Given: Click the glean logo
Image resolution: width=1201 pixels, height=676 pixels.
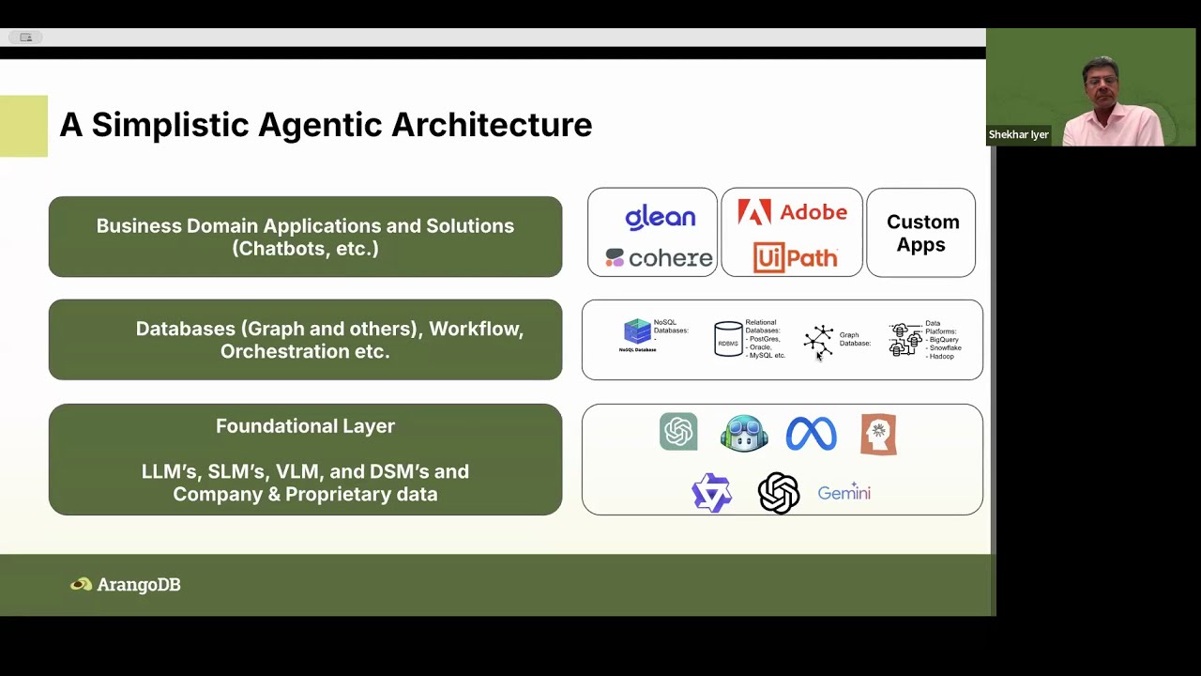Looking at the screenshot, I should tap(660, 217).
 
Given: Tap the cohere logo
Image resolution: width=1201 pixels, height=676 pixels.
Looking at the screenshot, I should tap(659, 258).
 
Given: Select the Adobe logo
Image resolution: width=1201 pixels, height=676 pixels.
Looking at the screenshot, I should tap(792, 212).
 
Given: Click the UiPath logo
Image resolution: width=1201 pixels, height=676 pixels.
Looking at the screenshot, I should tap(794, 257).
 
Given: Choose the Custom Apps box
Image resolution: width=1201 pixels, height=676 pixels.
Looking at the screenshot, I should tap(921, 233).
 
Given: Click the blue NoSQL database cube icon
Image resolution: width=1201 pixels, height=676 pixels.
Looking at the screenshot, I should tap(637, 331).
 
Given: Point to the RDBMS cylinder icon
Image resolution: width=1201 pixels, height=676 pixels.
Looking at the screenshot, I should tap(728, 340).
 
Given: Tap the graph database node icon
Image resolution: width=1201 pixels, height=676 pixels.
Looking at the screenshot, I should tap(818, 342).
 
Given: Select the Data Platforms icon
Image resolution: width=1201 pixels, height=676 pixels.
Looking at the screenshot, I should tap(905, 340).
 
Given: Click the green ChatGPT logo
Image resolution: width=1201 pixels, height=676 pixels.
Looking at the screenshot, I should tap(678, 432).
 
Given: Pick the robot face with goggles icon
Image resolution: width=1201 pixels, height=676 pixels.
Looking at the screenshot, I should tap(744, 434).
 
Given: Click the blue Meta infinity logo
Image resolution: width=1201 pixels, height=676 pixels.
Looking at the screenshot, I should tap(811, 434).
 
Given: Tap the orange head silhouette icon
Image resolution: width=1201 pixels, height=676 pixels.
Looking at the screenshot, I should tap(878, 435).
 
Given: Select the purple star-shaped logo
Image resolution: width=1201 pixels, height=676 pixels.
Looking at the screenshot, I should tap(711, 493).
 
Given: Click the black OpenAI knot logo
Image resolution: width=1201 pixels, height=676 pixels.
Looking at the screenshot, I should tap(779, 493).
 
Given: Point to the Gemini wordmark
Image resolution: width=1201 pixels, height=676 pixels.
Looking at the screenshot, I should tap(844, 493).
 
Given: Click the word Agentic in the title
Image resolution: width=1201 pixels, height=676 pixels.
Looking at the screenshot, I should tap(319, 125).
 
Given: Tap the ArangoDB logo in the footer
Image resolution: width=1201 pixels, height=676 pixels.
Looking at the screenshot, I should tap(126, 584).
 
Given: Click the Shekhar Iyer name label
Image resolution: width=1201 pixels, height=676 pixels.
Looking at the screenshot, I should tap(1018, 135).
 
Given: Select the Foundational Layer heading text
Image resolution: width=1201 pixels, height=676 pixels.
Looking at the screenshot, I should tap(305, 426).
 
